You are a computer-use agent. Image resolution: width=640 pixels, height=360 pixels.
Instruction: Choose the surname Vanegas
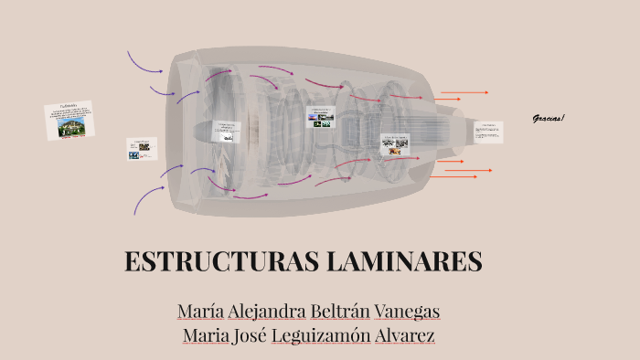[410, 312]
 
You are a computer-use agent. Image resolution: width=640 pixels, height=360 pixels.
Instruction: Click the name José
[245, 335]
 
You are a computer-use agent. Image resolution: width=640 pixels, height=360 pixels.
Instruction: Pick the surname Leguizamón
[320, 335]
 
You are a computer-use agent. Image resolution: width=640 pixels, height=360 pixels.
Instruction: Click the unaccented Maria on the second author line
[206, 335]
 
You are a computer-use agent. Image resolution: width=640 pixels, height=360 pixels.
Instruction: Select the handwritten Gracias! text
[549, 119]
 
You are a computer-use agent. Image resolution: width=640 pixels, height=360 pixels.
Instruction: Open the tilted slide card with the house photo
[70, 121]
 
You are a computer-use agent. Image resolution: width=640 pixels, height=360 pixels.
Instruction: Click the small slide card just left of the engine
[141, 149]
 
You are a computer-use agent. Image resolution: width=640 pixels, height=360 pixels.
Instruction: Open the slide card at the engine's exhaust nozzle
[488, 132]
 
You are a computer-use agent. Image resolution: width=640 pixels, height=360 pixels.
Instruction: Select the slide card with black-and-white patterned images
[395, 144]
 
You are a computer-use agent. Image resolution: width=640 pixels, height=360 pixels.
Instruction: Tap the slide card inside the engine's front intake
[226, 131]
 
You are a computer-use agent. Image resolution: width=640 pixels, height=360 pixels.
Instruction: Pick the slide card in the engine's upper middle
[322, 116]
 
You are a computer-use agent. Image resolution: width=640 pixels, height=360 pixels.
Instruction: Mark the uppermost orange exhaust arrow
[464, 92]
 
